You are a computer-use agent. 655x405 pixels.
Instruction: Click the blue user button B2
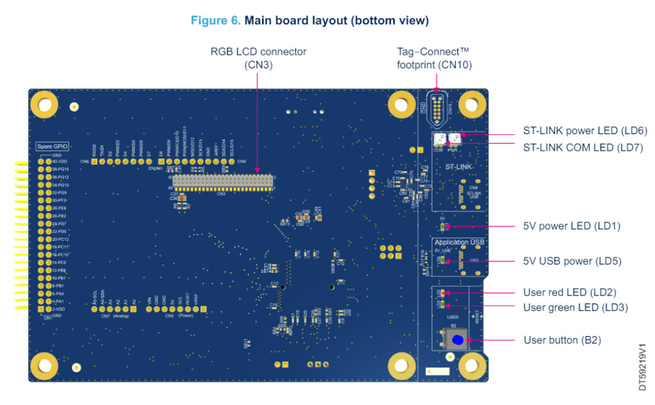[457, 340]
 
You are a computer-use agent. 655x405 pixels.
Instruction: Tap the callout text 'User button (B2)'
[563, 340]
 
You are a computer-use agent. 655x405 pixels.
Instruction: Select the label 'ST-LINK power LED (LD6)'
[585, 131]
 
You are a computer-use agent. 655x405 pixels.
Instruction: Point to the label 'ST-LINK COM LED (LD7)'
[583, 148]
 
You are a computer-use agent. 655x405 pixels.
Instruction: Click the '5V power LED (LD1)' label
[571, 226]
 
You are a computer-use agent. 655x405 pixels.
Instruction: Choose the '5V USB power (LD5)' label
[572, 261]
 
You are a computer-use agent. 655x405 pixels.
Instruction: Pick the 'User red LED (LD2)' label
[569, 293]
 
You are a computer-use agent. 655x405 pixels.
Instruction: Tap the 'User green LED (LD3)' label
[575, 307]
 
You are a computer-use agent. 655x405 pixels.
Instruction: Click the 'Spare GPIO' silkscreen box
[52, 146]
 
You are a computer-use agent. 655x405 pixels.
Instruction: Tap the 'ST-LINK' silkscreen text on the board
[458, 167]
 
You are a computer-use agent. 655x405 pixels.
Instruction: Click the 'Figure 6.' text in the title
[216, 20]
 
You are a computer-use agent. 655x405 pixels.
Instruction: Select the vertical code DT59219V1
[642, 368]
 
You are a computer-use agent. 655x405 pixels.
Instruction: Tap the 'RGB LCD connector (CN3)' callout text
[258, 57]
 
